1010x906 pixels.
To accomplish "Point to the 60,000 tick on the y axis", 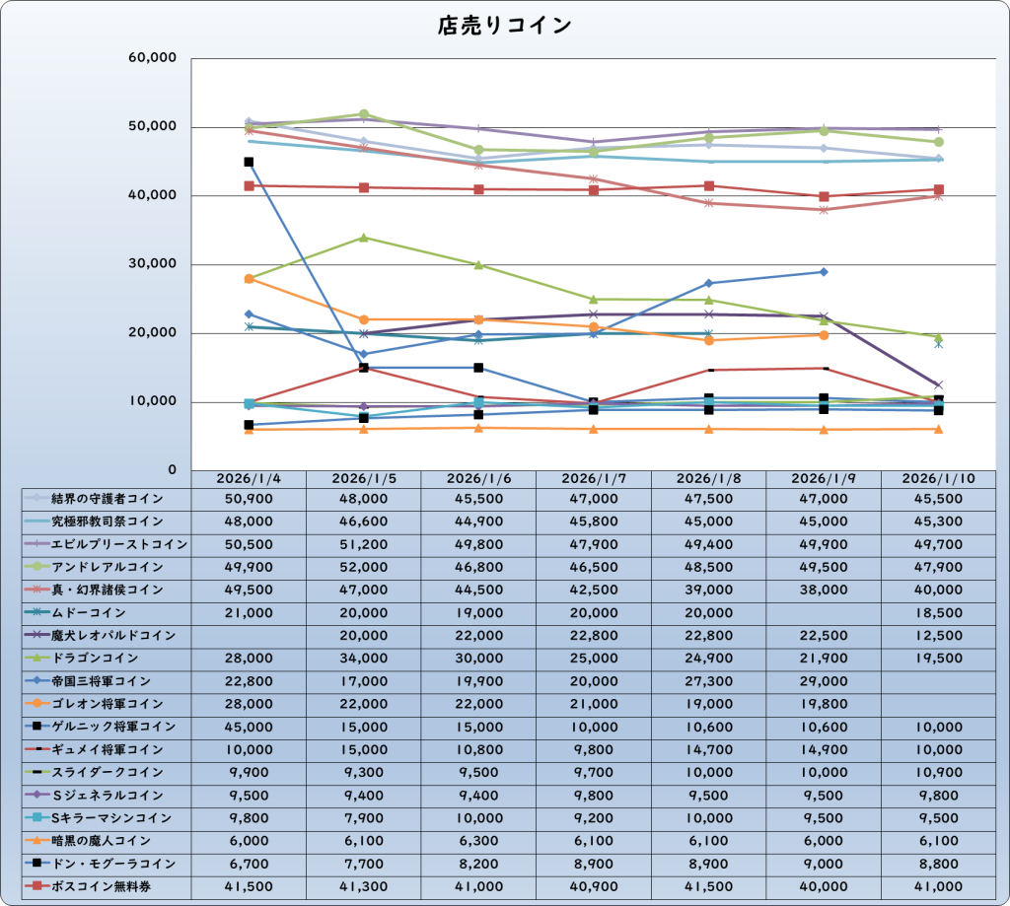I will (152, 58).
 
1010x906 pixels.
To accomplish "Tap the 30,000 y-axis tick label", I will (152, 264).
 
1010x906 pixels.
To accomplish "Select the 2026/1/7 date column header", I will (594, 478).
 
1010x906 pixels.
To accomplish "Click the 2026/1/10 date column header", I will (939, 478).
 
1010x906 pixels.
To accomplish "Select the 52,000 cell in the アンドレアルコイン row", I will (364, 567).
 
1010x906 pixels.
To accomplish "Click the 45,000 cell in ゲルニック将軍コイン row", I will (249, 727).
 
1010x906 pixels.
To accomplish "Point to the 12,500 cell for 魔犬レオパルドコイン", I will (939, 635).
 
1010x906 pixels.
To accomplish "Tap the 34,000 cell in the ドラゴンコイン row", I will (364, 658).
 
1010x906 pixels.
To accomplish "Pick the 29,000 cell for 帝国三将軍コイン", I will (824, 681).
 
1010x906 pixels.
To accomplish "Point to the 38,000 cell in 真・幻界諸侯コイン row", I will (824, 590).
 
